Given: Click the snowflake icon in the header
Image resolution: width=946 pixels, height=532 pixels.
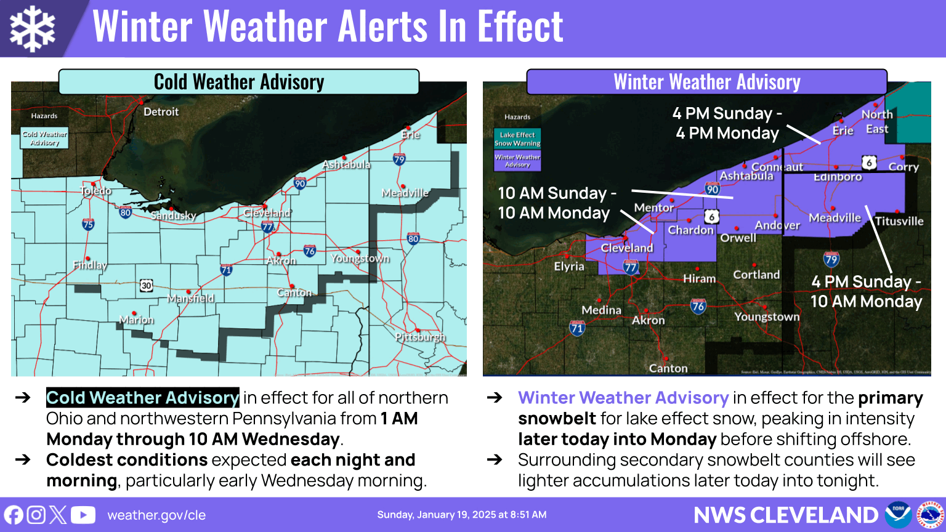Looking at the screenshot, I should click(33, 28).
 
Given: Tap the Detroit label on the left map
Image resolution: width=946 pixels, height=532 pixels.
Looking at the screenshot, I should click(161, 111).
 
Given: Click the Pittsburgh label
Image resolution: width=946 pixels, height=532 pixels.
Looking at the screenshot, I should click(420, 337).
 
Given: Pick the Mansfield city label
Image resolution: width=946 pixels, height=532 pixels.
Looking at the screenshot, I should click(191, 298).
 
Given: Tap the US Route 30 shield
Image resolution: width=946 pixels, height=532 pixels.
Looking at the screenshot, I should click(146, 285).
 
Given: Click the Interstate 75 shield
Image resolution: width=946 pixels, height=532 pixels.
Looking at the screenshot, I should click(88, 225).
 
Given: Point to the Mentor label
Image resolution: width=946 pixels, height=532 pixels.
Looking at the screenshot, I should click(654, 208).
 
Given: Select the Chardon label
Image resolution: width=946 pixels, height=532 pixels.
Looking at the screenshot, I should click(691, 230).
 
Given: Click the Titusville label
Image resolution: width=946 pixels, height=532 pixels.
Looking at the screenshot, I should click(899, 221).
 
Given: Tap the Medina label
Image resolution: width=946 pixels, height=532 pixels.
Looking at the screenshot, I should click(602, 310).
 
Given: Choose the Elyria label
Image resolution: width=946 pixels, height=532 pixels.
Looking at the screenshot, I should click(569, 267).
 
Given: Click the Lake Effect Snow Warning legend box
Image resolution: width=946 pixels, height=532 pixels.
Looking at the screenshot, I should click(517, 139).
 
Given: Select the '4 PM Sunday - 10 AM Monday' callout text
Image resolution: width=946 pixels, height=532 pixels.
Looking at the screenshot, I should click(866, 291).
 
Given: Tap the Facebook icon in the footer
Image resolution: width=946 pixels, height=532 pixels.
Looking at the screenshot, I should click(14, 515).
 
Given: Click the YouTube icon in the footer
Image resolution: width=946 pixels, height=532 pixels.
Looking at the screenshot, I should click(83, 515).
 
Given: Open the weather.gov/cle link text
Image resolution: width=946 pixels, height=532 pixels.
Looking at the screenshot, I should click(156, 515).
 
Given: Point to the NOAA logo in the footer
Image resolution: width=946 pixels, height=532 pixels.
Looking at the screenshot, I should click(898, 515).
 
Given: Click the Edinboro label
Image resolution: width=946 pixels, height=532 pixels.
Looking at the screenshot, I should click(838, 177).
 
